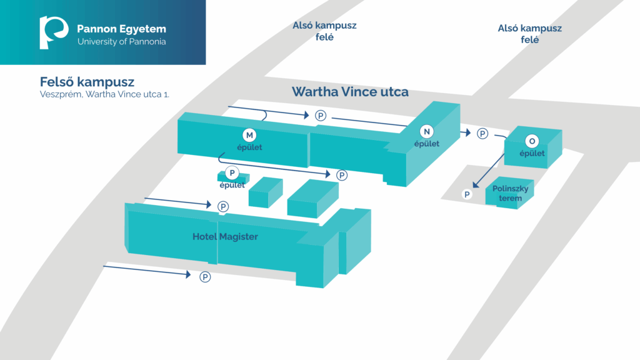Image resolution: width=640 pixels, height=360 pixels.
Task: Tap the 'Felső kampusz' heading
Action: click(x=87, y=82)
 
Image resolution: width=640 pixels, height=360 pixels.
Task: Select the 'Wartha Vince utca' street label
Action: click(x=350, y=92)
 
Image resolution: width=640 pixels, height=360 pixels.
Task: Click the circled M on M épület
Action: click(x=249, y=135)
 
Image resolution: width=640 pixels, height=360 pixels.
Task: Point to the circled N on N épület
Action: click(x=426, y=131)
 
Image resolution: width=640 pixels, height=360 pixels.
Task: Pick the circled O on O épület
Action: click(x=532, y=141)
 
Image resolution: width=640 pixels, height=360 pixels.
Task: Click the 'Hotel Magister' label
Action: click(x=225, y=237)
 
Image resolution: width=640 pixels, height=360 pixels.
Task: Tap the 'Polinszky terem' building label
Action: click(x=510, y=193)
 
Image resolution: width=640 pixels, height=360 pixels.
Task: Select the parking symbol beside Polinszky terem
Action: click(x=467, y=194)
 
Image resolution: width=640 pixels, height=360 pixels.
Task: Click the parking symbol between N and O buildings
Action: click(x=482, y=134)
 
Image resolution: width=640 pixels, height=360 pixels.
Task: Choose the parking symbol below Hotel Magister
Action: click(x=205, y=277)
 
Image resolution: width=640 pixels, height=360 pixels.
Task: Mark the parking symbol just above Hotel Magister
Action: click(x=223, y=206)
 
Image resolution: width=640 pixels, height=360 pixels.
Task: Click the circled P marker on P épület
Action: click(x=232, y=173)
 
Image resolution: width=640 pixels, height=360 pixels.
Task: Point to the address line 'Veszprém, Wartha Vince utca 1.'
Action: click(x=104, y=94)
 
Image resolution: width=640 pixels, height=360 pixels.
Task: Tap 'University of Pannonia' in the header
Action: click(x=122, y=42)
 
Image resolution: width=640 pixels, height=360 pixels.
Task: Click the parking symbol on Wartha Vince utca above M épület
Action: click(x=321, y=116)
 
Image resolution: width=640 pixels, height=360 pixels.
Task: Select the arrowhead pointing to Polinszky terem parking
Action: click(x=476, y=185)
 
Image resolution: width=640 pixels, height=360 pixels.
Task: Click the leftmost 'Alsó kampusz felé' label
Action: click(x=324, y=31)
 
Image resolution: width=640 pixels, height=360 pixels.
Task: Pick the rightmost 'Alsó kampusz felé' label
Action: click(x=530, y=34)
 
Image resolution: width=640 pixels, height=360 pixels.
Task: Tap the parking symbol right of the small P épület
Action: click(x=342, y=176)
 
